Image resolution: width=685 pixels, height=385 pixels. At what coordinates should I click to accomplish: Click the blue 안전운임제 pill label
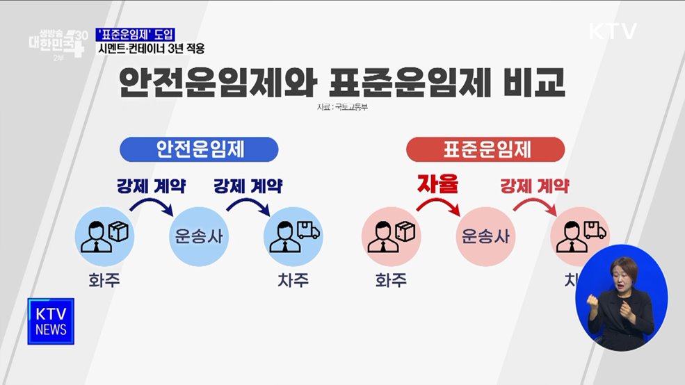click(199, 149)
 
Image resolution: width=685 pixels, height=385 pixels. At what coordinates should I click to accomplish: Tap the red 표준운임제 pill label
click(485, 149)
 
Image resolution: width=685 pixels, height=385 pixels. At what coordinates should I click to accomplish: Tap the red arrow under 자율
click(439, 206)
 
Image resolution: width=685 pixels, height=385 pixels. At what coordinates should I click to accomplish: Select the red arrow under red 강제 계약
click(535, 206)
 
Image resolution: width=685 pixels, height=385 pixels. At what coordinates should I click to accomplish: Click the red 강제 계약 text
click(535, 186)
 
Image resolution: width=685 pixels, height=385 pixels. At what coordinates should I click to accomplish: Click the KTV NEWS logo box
click(51, 321)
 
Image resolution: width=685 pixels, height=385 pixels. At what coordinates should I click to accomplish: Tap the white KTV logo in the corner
click(613, 31)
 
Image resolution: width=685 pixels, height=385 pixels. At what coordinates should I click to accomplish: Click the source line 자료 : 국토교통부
click(342, 108)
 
